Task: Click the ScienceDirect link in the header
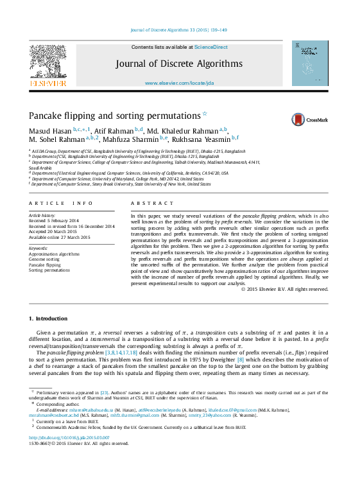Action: (211, 47)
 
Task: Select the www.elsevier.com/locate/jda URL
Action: (179, 83)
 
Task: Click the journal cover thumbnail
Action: (309, 64)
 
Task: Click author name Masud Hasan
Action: (50, 130)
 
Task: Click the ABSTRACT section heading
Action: (144, 204)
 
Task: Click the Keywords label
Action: (39, 248)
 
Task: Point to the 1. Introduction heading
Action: (48, 318)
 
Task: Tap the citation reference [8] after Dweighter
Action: (241, 360)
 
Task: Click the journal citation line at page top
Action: (179, 30)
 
